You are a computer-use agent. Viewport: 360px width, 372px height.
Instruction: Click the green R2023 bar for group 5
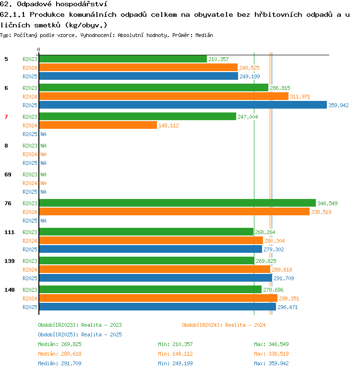pos(123,59)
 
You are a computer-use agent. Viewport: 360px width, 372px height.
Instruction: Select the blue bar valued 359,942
pos(183,105)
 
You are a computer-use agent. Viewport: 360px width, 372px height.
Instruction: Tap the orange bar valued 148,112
pos(98,125)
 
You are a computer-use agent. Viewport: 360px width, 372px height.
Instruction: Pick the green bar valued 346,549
pos(177,203)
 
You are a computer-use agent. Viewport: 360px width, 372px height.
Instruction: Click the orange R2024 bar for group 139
pos(155,269)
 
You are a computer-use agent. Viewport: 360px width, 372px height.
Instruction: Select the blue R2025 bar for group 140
pos(157,307)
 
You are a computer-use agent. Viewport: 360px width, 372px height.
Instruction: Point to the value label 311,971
pos(300,97)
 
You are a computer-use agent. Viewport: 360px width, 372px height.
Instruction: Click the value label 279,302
pos(274,249)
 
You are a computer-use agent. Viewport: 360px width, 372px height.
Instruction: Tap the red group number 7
pos(6,117)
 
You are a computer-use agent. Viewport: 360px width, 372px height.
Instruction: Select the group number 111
pos(10,232)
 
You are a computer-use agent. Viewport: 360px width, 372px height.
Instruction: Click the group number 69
pos(8,174)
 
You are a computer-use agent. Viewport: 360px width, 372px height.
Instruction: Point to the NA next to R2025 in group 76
pos(43,221)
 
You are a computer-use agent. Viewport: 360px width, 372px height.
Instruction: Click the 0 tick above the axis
pos(38,50)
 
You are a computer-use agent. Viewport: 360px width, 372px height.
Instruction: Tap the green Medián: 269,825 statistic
pos(60,344)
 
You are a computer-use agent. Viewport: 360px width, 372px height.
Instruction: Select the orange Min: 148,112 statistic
pos(175,354)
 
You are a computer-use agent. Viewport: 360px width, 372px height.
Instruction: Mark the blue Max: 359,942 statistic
pos(271,363)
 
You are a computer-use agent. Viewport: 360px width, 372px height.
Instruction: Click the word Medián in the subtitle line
pos(204,35)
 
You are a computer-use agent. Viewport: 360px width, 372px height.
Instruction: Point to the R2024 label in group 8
pos(30,154)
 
